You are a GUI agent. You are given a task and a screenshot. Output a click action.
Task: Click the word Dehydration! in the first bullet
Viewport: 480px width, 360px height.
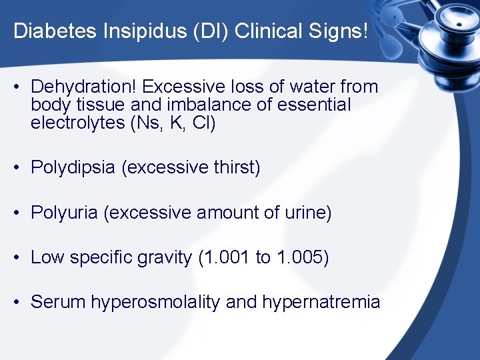[x=84, y=87]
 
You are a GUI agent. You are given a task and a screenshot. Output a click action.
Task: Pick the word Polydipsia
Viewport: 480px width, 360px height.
[x=73, y=167]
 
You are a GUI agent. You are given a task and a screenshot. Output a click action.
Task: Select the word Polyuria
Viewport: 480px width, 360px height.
[x=65, y=213]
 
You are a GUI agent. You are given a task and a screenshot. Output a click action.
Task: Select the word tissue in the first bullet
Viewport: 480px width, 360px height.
[x=98, y=105]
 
